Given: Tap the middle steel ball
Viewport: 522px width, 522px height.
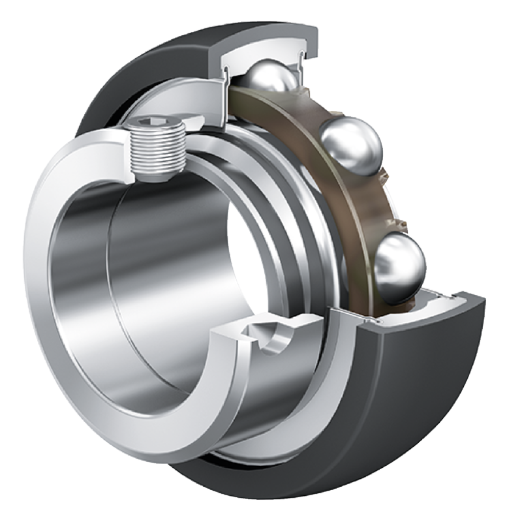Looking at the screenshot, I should click(x=352, y=146).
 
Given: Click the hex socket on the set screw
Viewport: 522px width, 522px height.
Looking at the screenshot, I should click(x=157, y=123).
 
